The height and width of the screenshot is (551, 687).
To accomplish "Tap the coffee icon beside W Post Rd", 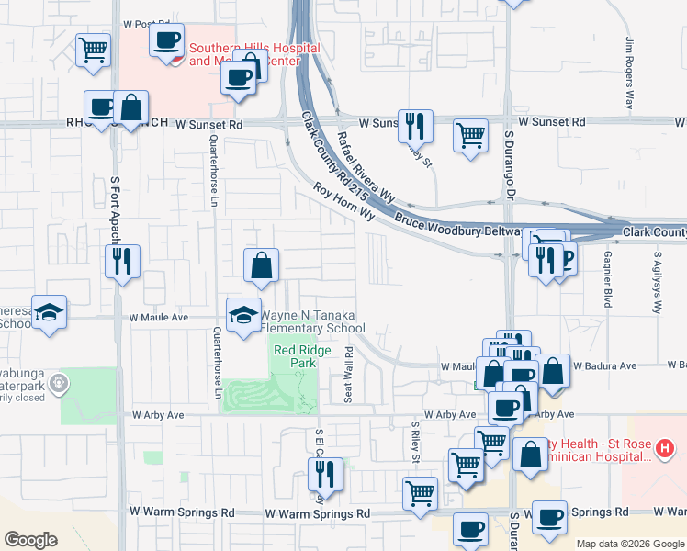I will point(166,41).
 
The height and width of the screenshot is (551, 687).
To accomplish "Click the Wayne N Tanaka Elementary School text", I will point(313,322).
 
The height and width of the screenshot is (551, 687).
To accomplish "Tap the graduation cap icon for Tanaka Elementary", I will point(243,315).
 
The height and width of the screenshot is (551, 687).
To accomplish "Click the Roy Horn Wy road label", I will point(344,201).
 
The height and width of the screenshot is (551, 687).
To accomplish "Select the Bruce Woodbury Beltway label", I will point(458,226).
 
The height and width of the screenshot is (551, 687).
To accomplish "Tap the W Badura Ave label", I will point(604,365).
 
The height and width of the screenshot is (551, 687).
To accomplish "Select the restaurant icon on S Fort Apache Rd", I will point(121,263).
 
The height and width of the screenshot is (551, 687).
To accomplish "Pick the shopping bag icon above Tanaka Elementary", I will point(262,265).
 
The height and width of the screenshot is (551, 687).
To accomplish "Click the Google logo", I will point(30,540).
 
